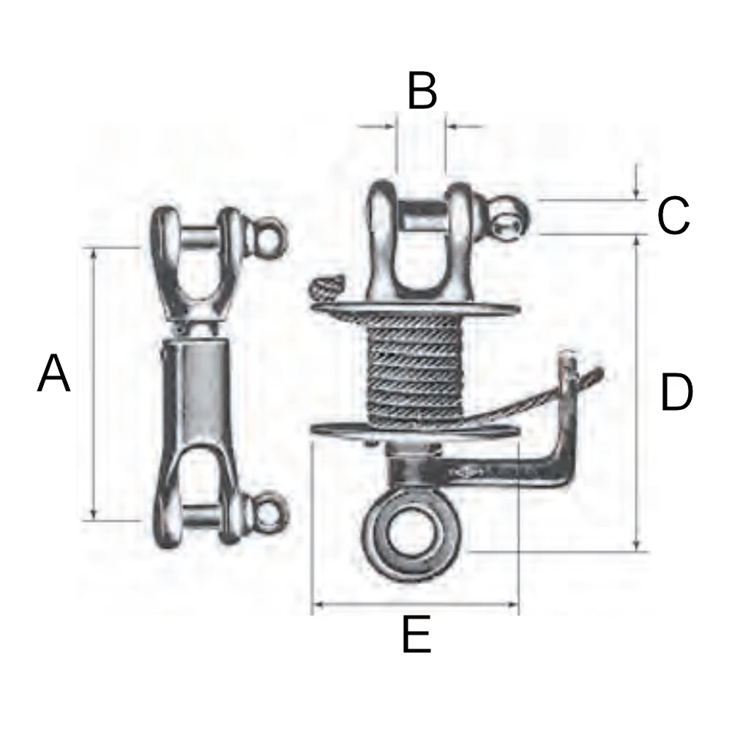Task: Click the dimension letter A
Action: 53,373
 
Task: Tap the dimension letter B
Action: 422,90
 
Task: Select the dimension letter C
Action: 673,215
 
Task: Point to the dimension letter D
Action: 677,392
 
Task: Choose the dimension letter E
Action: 417,634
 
